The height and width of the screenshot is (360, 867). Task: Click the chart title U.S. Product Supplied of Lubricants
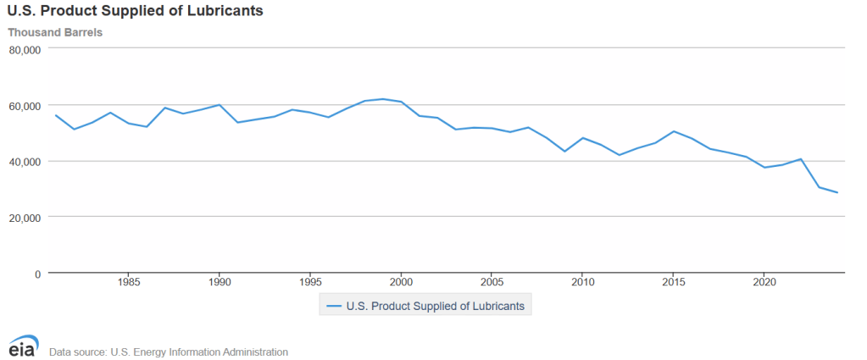click(135, 12)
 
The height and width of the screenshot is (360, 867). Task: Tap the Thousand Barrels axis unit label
click(55, 33)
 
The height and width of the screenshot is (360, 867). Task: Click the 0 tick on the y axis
click(37, 274)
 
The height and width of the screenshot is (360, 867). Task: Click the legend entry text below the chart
click(436, 305)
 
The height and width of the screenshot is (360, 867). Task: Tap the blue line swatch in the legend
click(333, 305)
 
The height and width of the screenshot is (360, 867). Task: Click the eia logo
click(23, 346)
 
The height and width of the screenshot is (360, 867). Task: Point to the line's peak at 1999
click(383, 99)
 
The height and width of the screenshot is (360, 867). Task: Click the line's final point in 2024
click(837, 193)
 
